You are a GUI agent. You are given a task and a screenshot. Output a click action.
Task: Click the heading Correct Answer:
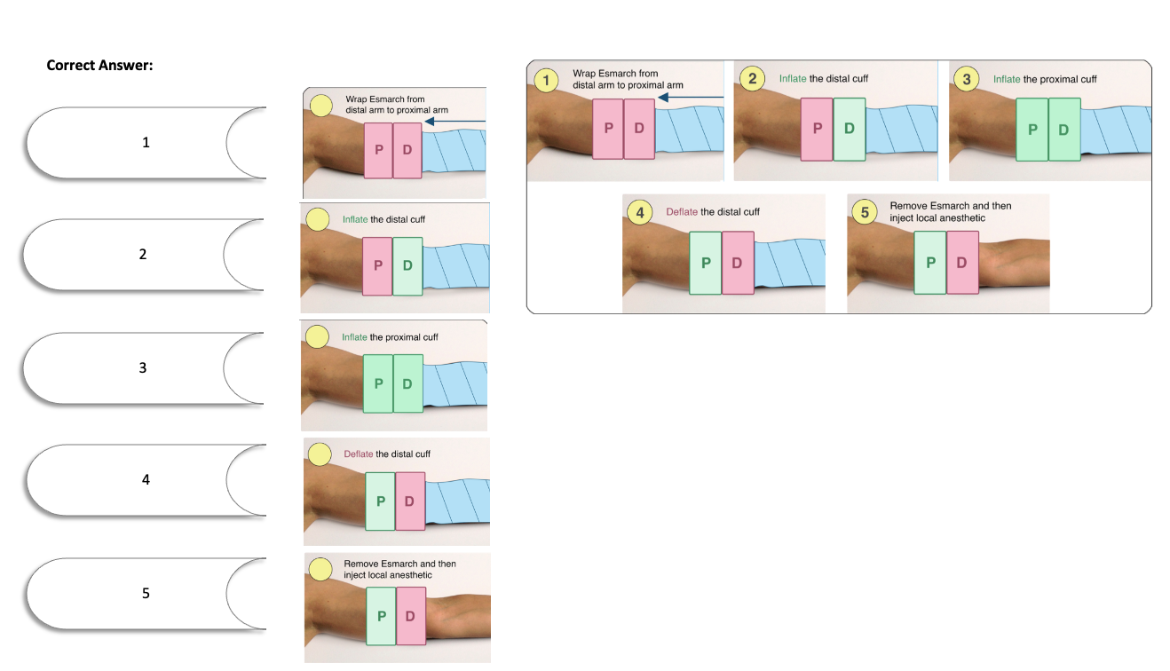(99, 65)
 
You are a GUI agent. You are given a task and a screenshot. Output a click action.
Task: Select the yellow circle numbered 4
(640, 212)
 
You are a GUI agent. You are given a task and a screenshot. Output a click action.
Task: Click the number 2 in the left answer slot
(143, 254)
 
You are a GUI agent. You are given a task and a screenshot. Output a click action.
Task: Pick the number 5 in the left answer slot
(146, 593)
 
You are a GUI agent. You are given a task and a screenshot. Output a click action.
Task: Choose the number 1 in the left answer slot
(146, 142)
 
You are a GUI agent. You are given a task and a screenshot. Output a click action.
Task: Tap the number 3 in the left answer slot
(143, 367)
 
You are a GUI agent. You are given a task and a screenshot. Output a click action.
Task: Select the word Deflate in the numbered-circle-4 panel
(682, 212)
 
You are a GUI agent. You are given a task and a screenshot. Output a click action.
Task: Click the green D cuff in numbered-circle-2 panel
(850, 129)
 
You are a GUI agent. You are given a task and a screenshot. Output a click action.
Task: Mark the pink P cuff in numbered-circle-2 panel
(817, 129)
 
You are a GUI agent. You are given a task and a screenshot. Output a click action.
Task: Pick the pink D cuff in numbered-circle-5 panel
(962, 263)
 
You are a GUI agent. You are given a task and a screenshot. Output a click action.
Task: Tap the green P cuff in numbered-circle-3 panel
(1032, 129)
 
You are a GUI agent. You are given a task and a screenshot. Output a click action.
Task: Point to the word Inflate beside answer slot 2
(355, 219)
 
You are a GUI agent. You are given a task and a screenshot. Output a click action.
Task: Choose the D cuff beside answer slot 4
(409, 501)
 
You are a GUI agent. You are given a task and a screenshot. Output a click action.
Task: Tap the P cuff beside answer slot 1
(379, 149)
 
